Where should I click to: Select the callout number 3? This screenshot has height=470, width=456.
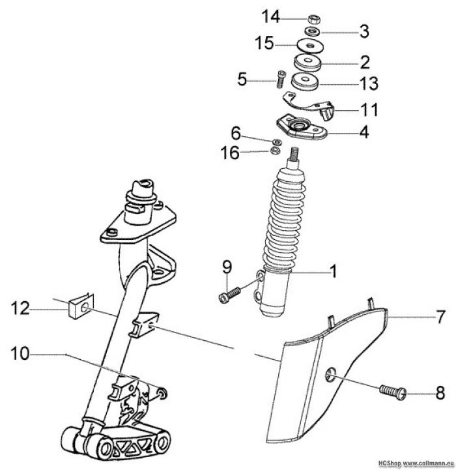tap(364, 31)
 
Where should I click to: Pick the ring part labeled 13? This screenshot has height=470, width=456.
tap(304, 83)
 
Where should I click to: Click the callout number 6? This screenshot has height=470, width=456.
tap(235, 134)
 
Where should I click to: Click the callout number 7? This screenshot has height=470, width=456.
tap(440, 317)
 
